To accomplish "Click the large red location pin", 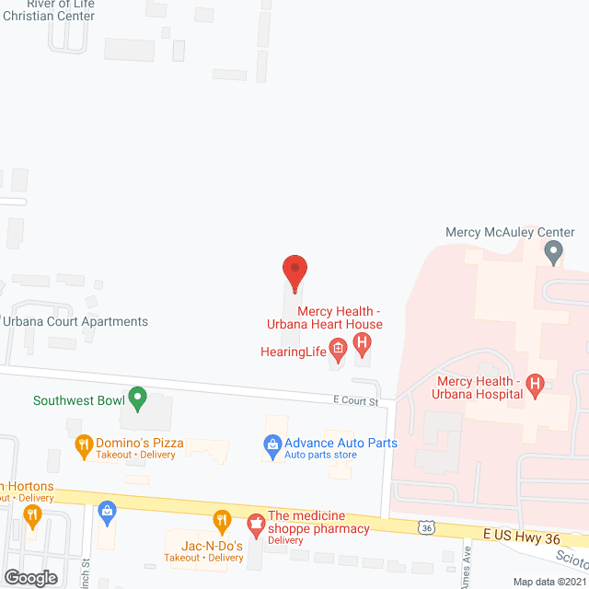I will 294,272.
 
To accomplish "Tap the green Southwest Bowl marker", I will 137,398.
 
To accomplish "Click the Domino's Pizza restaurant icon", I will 84,445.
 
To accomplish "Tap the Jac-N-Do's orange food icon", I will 222,521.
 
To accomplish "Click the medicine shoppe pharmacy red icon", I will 255,525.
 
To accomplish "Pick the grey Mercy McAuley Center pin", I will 553,249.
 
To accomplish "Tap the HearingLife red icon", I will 338,347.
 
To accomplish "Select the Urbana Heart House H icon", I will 363,346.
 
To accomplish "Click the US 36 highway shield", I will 424,526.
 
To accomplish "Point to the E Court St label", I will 356,401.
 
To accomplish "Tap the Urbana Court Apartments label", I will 75,321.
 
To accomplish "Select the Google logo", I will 29,577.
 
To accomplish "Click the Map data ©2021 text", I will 549,581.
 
